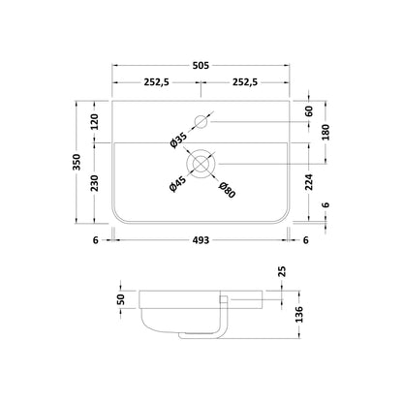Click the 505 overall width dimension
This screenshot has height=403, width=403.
tap(201, 66)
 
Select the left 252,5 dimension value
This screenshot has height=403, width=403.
tap(157, 82)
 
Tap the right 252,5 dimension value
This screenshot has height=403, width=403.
tap(245, 82)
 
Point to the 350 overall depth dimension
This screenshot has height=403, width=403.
tap(77, 162)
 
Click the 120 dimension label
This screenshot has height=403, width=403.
tap(94, 121)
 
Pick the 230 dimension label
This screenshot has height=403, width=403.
tap(94, 183)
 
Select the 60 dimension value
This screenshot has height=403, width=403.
tap(309, 111)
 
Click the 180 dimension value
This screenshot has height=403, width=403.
tap(326, 132)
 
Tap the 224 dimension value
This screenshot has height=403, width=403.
tap(309, 182)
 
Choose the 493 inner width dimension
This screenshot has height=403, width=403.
tap(201, 240)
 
